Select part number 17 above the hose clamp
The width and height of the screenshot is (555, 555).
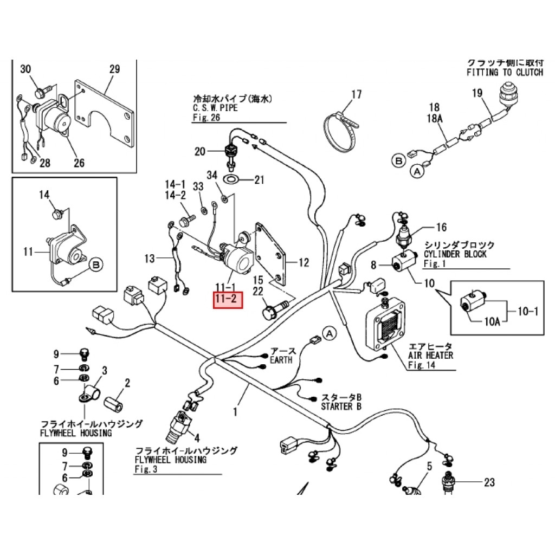click(356, 95)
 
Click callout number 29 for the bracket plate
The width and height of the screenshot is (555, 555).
click(114, 69)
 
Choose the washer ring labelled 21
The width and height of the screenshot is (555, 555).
click(232, 179)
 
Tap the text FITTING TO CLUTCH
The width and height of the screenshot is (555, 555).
click(504, 72)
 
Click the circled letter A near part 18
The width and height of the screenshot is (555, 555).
click(417, 172)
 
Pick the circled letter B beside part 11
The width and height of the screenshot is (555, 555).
click(95, 264)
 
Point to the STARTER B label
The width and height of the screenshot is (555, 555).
click(341, 406)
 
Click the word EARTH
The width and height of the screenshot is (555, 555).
click(281, 359)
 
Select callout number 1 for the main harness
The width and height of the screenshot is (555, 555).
click(235, 412)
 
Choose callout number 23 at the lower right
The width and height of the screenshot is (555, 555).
click(489, 482)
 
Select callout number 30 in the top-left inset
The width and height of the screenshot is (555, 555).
click(26, 69)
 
